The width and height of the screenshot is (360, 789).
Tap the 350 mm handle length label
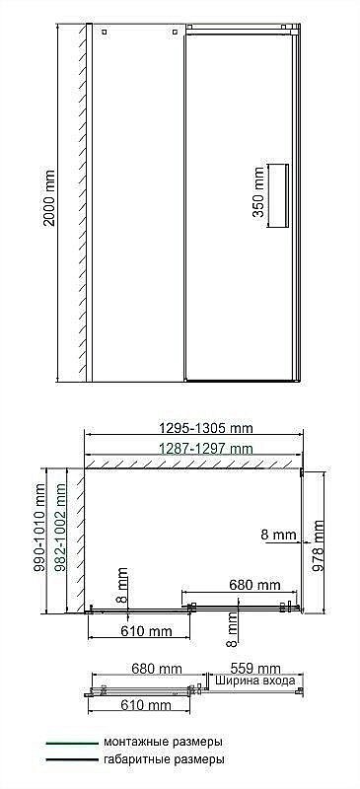click(258, 195)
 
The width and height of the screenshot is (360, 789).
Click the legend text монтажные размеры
click(162, 741)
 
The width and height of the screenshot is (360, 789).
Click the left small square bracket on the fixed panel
click(102, 33)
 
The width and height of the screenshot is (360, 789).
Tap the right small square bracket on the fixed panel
click(176, 33)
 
